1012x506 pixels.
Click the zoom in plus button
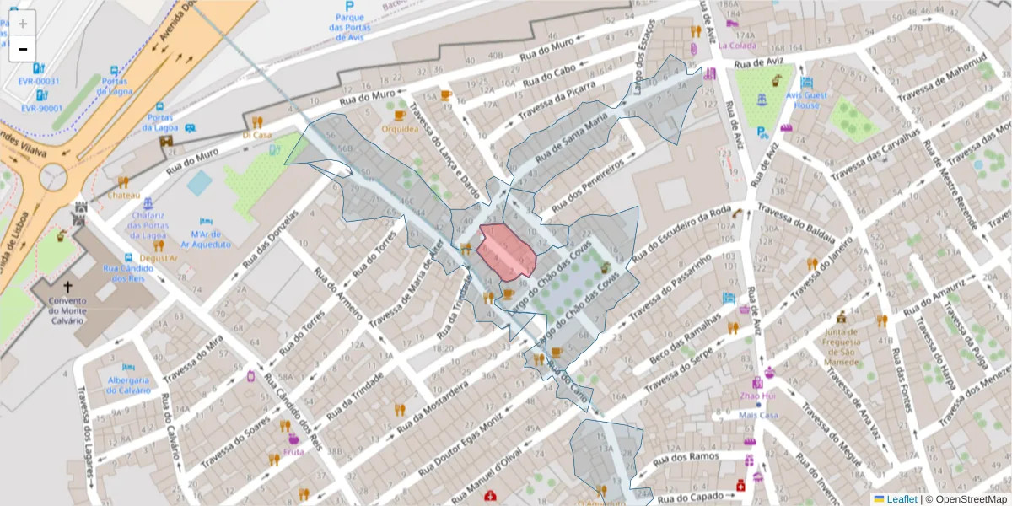click(x=23, y=24)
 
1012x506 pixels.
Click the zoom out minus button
click(x=23, y=49)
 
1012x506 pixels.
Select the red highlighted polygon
click(x=505, y=251)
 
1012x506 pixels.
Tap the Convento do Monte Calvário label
click(x=68, y=310)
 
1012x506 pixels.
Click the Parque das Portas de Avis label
click(x=349, y=27)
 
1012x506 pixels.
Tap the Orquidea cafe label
click(x=400, y=129)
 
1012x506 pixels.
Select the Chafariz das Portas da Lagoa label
click(x=149, y=225)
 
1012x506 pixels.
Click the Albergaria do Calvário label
click(x=128, y=385)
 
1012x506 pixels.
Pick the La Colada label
click(x=737, y=46)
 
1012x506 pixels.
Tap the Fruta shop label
click(x=293, y=451)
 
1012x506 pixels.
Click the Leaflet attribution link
click(x=901, y=499)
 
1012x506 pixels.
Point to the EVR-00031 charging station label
click(x=40, y=81)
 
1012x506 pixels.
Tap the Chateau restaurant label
click(x=123, y=195)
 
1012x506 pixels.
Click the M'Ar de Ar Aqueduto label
click(x=211, y=239)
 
